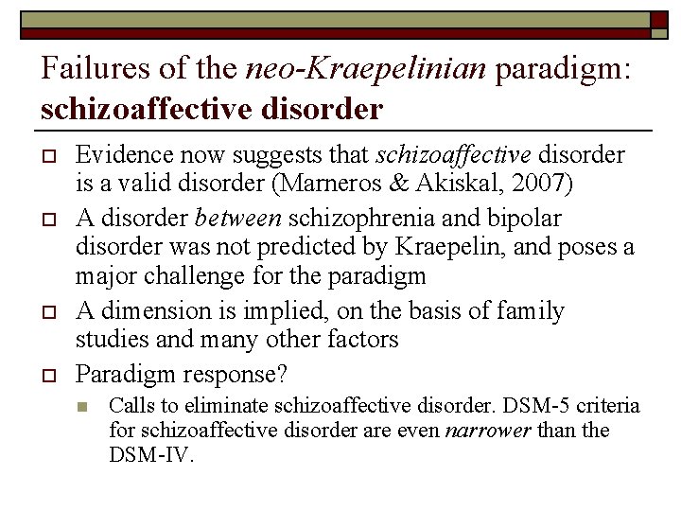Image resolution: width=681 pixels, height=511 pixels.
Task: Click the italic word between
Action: click(237, 219)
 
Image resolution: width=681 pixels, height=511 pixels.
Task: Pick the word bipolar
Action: click(527, 219)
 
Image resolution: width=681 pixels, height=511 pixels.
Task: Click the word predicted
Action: click(373, 249)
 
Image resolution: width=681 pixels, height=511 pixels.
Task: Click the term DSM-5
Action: click(533, 406)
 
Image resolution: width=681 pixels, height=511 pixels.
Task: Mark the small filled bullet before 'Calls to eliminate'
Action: click(83, 407)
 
